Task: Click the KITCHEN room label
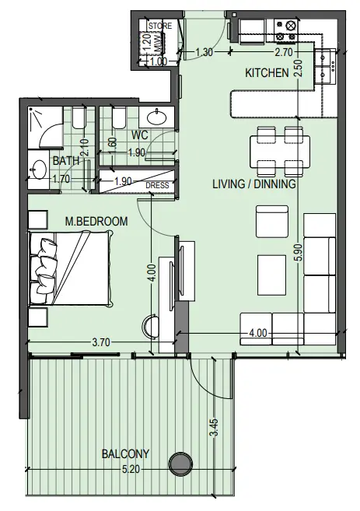(x=267, y=73)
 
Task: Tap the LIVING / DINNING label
(x=253, y=185)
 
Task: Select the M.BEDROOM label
(x=96, y=222)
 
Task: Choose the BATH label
(x=64, y=161)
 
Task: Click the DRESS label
(x=157, y=185)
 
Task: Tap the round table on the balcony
(x=182, y=464)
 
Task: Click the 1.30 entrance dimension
(x=204, y=52)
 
